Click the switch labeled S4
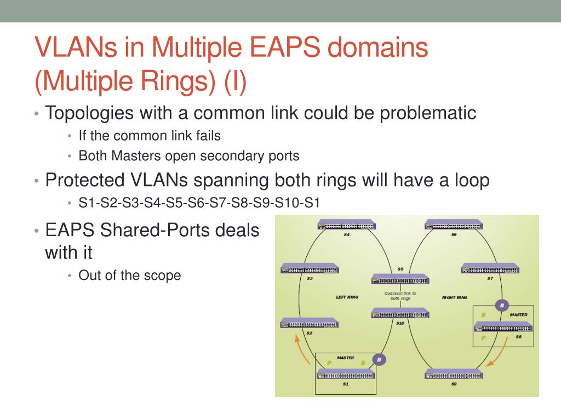(346, 225)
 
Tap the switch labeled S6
(454, 225)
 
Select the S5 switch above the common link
(400, 279)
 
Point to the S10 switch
(400, 313)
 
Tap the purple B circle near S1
(379, 359)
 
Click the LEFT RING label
(347, 297)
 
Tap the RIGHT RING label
(454, 297)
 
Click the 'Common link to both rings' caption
(400, 296)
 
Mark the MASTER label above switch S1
(346, 358)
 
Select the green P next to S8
(484, 338)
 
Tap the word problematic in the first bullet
(428, 114)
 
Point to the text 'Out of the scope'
(129, 275)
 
